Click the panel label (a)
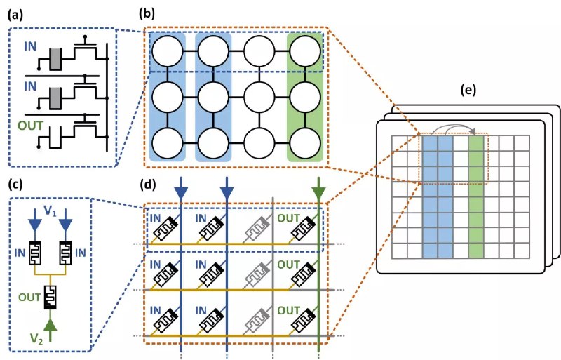pyautogui.click(x=15, y=15)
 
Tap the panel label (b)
pyautogui.click(x=147, y=14)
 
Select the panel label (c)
pyautogui.click(x=15, y=184)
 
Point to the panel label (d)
pyautogui.click(x=147, y=185)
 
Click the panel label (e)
pyautogui.click(x=468, y=90)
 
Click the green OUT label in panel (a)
pyautogui.click(x=31, y=126)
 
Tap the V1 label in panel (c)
pyautogui.click(x=50, y=211)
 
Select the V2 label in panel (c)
pyautogui.click(x=37, y=338)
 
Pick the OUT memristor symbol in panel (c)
pyautogui.click(x=50, y=297)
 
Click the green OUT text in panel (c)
pyautogui.click(x=29, y=298)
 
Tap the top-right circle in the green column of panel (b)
pyautogui.click(x=305, y=51)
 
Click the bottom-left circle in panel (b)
pyautogui.click(x=167, y=143)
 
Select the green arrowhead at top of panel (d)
pyautogui.click(x=318, y=194)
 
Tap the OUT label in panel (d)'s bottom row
pyautogui.click(x=289, y=310)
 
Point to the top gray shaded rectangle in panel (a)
pyautogui.click(x=55, y=59)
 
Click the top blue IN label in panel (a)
pyautogui.click(x=30, y=46)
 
